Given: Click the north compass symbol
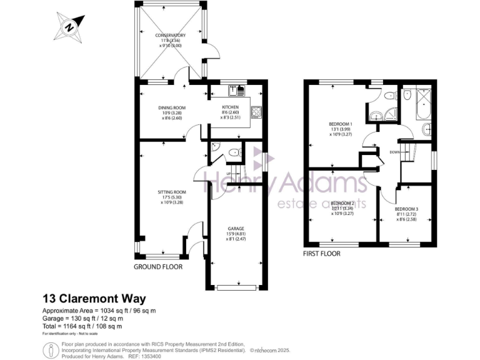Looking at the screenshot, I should (70, 27).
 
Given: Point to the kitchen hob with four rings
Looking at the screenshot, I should (256, 112).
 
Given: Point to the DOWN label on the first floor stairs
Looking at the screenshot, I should (395, 151).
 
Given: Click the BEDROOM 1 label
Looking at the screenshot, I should (341, 123).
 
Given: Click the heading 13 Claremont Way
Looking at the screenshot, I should (94, 299).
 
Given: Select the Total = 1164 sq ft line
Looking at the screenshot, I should (81, 326).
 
